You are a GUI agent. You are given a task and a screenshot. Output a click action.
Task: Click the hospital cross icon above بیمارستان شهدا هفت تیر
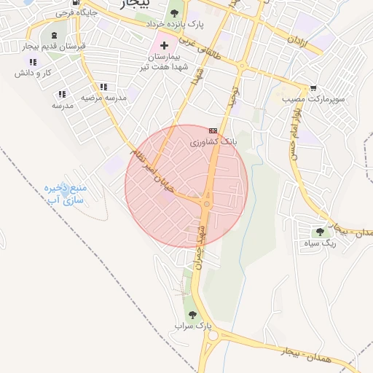165,45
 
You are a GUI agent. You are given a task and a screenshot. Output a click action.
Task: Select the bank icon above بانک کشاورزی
213,130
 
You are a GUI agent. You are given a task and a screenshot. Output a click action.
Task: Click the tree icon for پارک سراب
192,315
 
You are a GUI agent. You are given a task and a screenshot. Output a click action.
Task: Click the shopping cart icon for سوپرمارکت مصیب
313,87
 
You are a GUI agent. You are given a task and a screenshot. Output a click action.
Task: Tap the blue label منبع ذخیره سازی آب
65,193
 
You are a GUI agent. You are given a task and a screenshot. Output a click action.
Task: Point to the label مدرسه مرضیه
103,97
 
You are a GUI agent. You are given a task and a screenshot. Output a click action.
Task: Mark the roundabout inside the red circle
207,204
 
